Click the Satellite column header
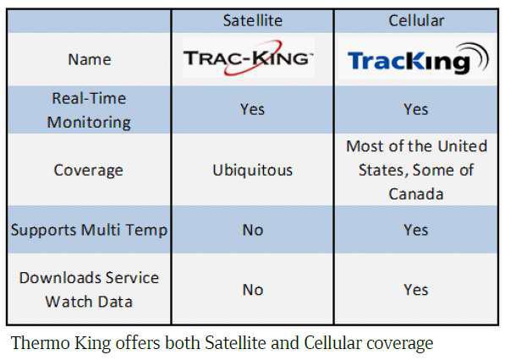click(253, 20)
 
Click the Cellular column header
click(416, 20)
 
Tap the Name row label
click(90, 59)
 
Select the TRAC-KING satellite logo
click(248, 58)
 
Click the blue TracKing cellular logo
click(418, 59)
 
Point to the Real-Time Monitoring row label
click(89, 110)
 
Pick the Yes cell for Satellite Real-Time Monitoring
click(252, 109)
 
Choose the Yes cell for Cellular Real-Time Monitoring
click(416, 109)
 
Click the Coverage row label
click(89, 170)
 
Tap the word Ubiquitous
click(252, 170)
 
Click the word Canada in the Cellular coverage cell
click(416, 194)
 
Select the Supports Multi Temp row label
click(89, 231)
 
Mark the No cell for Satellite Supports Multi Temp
click(253, 230)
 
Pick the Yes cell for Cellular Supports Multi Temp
click(416, 230)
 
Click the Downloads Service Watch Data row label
click(89, 290)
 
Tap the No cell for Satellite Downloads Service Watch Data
click(253, 290)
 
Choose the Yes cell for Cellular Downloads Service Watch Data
click(416, 290)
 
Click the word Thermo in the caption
click(41, 342)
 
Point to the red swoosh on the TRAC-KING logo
click(253, 58)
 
